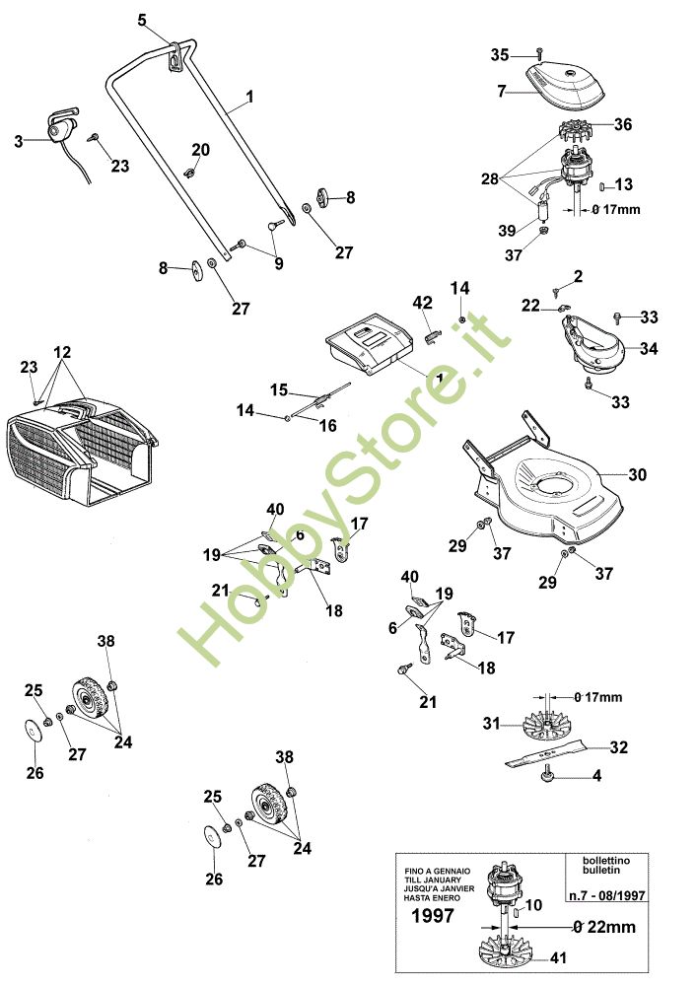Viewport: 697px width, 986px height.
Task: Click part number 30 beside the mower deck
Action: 637,474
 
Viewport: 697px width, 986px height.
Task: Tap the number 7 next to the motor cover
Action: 501,92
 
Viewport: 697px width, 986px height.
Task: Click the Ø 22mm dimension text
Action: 604,927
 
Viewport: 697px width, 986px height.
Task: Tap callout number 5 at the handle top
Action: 142,20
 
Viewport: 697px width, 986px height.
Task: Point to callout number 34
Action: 648,349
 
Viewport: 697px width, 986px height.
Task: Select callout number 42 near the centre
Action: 422,302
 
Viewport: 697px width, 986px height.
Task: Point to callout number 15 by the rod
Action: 278,388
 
